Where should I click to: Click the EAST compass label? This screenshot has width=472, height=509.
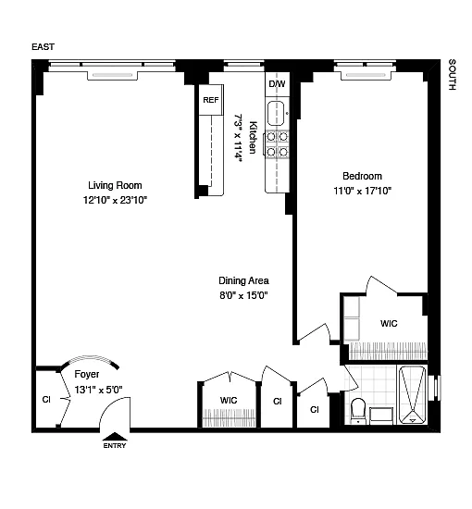43,47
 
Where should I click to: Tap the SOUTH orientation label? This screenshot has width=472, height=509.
452,75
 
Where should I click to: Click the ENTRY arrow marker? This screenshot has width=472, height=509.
115,437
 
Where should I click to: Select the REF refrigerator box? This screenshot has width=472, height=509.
211,100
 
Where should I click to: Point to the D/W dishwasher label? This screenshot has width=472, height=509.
277,83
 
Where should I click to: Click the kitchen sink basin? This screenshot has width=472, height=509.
276,114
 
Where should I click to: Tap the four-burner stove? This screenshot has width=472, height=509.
277,144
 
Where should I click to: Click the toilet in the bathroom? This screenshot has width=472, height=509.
358,411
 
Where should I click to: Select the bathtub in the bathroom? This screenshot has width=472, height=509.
412,395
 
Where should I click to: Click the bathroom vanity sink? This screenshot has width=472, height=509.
381,416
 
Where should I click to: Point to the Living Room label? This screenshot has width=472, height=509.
115,185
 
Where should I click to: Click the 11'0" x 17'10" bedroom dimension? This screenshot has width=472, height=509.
362,191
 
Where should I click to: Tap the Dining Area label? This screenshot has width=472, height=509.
243,280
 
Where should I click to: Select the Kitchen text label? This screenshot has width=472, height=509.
253,137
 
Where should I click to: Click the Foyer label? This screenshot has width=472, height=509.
87,374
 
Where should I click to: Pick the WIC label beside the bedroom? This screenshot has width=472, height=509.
389,324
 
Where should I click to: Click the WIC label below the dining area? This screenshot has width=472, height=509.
229,400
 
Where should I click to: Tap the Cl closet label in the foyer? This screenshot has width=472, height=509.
46,400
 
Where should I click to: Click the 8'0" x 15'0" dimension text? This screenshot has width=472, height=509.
243,295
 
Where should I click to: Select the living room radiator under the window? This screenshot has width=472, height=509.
112,75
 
